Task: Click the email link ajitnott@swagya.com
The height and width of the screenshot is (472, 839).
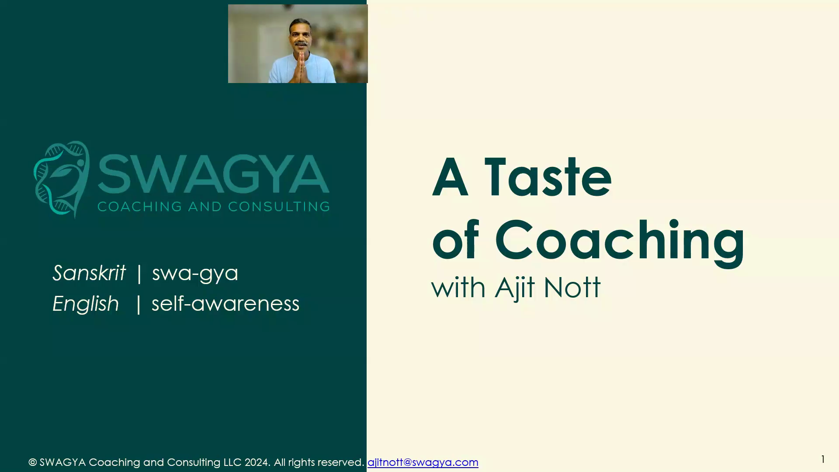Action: click(x=423, y=462)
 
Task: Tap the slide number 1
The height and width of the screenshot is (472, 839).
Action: click(x=823, y=459)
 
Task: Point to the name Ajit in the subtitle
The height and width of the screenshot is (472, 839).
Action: click(x=515, y=288)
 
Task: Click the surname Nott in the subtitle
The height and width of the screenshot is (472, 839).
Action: click(x=572, y=288)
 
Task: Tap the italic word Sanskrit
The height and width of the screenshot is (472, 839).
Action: click(x=89, y=273)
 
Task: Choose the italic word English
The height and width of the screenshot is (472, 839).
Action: click(x=86, y=304)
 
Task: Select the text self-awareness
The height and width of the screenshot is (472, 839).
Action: click(x=225, y=304)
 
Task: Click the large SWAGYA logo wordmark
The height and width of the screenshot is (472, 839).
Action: click(x=214, y=174)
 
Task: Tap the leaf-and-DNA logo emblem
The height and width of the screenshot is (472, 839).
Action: click(x=62, y=179)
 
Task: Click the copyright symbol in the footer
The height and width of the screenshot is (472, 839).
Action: click(x=32, y=462)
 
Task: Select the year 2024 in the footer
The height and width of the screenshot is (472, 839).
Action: click(x=257, y=462)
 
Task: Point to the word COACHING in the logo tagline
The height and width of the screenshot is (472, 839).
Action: click(x=140, y=206)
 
